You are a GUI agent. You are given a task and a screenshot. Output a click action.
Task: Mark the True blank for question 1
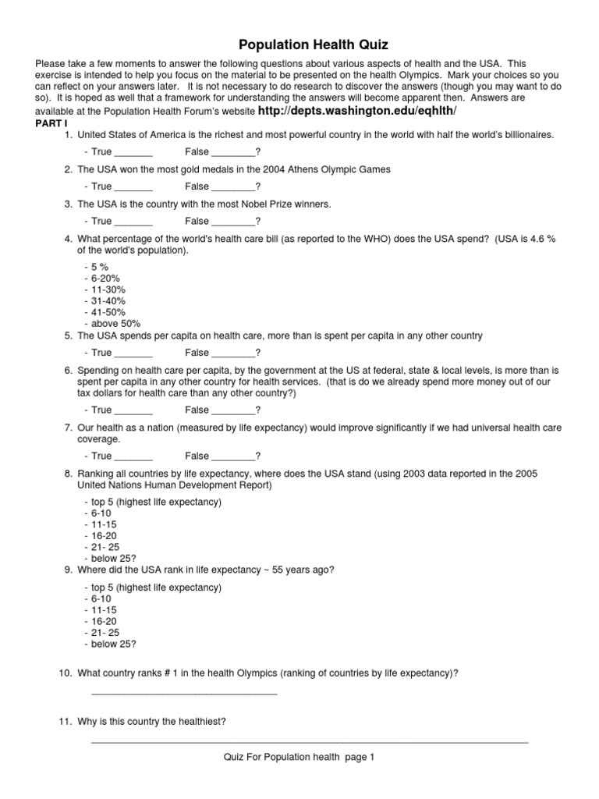pos(133,153)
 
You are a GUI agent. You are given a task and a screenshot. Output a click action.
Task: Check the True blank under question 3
pos(133,222)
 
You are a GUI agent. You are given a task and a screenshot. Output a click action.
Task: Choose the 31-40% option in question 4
pos(108,301)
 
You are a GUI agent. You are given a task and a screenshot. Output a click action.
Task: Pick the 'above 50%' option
pos(116,324)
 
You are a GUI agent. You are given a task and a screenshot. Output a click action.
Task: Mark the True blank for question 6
pos(133,410)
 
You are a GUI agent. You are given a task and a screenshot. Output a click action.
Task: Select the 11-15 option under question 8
pos(106,524)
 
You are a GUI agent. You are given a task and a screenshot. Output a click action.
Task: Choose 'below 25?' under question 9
pos(114,644)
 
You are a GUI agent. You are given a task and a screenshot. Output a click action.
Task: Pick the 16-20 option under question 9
pos(106,621)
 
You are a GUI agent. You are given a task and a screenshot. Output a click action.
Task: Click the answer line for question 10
pos(184,692)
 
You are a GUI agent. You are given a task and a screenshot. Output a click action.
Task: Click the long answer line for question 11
pos(310,740)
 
